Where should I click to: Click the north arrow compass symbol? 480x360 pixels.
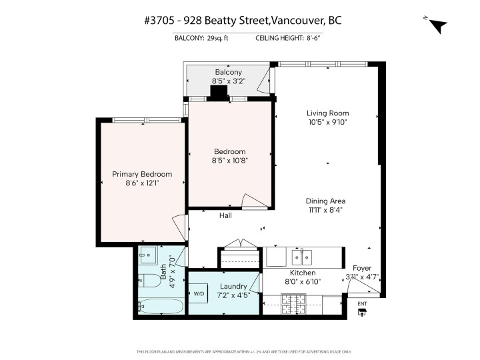[x=437, y=25]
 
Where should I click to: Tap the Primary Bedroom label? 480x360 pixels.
[x=138, y=174]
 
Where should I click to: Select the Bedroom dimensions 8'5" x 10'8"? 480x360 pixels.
[x=229, y=161]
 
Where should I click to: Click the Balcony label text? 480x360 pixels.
[x=228, y=72]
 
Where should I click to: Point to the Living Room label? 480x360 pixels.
[x=327, y=113]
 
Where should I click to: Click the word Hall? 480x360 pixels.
[x=226, y=215]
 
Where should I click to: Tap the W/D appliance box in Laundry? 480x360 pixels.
[x=199, y=293]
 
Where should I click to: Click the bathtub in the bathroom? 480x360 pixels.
[x=160, y=307]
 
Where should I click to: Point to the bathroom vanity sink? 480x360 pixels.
[x=148, y=254]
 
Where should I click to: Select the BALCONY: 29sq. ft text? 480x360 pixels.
[x=201, y=38]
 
